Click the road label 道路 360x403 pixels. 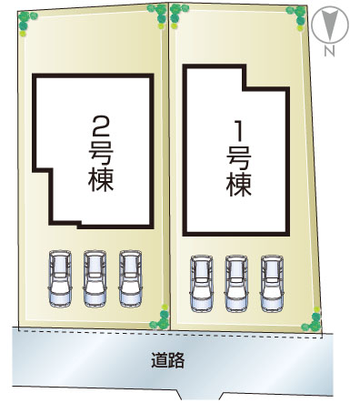168,360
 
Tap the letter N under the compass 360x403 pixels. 329,52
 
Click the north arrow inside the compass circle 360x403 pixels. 330,25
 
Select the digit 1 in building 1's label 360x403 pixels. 239,131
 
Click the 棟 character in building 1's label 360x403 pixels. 239,184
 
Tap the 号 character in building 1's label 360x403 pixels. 239,157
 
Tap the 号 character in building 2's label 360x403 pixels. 101,154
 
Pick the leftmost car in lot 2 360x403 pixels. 60,278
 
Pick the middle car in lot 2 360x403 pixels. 95,278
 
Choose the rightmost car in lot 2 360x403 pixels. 131,278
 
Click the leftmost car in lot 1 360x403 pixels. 202,284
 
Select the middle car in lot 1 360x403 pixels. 236,284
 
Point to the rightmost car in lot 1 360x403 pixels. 272,284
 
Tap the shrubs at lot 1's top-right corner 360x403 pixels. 297,17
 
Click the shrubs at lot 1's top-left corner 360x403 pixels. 177,15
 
